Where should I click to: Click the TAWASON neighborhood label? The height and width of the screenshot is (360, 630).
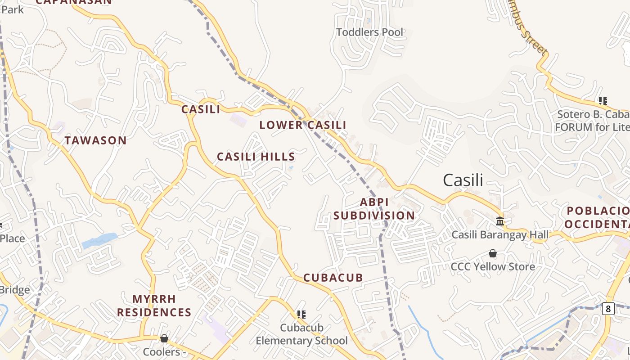(95, 140)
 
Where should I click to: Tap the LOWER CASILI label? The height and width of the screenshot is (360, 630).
(303, 125)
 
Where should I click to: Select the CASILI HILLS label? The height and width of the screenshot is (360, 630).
(256, 157)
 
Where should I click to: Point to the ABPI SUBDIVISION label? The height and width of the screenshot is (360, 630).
(374, 209)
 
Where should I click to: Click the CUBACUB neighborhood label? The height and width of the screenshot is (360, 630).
(333, 278)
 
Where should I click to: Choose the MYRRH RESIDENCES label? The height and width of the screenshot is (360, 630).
(154, 306)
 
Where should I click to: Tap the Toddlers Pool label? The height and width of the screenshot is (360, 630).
(370, 32)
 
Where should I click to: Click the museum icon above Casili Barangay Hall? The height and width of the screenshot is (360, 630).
(500, 221)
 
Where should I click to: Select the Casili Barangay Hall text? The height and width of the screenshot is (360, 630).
(500, 234)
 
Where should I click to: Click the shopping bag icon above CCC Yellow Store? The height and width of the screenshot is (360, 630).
(493, 253)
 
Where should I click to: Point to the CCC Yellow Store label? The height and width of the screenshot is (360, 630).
(493, 266)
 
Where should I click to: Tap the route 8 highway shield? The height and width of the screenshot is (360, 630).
(608, 308)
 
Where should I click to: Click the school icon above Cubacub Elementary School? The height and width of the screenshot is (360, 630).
(301, 314)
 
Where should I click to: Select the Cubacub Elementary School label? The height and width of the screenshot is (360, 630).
(301, 334)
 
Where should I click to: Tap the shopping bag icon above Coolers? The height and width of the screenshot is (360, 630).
(164, 338)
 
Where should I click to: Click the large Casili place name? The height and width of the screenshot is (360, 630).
(463, 180)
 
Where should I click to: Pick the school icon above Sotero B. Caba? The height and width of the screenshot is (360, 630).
(603, 101)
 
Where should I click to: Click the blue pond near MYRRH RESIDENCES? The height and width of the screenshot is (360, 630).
(99, 241)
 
